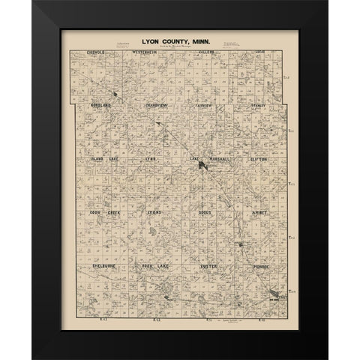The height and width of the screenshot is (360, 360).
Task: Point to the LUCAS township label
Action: click(260, 53)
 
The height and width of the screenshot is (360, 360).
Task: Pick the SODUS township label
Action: click(208, 213)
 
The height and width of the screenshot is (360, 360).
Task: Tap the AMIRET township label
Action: click(259, 213)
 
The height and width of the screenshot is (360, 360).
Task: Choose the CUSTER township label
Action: click(208, 265)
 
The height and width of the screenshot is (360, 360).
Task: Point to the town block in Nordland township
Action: click(113, 95)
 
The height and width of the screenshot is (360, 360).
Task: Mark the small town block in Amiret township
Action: click(240, 244)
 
